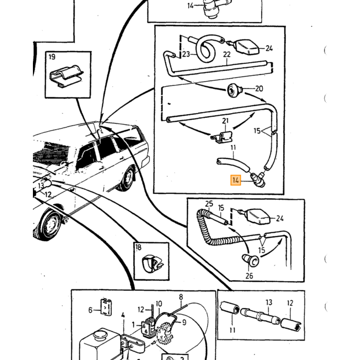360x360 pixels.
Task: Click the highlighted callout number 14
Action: click(236, 180)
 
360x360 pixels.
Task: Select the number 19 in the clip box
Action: click(52, 57)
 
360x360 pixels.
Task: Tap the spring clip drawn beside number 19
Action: click(66, 76)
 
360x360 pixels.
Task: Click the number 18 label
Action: click(138, 247)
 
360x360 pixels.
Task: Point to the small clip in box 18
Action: click(152, 263)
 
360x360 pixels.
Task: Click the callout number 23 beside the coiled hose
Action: click(186, 55)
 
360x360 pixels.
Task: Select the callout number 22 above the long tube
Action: click(227, 55)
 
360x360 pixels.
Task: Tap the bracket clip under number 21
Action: click(222, 137)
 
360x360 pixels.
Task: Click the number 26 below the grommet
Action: click(249, 276)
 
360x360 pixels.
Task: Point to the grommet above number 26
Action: click(250, 260)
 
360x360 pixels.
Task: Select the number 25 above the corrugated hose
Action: click(209, 204)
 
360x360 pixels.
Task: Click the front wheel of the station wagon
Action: click(49, 224)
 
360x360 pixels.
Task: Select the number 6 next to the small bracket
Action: click(90, 310)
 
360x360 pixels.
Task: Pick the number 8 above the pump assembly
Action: click(181, 297)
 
